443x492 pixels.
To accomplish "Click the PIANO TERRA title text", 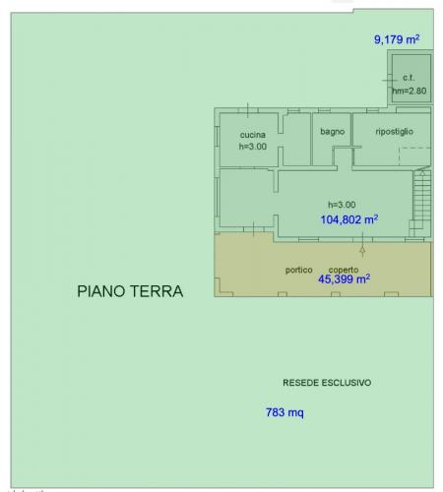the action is pyautogui.click(x=130, y=291).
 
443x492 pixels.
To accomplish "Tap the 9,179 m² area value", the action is pyautogui.click(x=397, y=39).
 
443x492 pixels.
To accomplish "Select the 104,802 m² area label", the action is pyautogui.click(x=349, y=219).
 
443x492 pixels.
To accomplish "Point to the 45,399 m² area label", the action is pyautogui.click(x=345, y=279).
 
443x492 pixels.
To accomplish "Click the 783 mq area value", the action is pyautogui.click(x=285, y=412).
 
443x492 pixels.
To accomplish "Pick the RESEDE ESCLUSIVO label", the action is pyautogui.click(x=327, y=383).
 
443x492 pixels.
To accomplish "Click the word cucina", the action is pyautogui.click(x=252, y=135).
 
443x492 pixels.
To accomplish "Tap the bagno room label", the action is pyautogui.click(x=333, y=132).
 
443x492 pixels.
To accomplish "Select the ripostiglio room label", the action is pyautogui.click(x=394, y=132).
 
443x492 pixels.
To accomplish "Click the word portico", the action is pyautogui.click(x=298, y=270).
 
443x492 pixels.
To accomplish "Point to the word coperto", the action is pyautogui.click(x=344, y=270).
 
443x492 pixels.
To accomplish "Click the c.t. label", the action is pyautogui.click(x=409, y=78).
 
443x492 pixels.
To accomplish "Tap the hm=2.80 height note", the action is pyautogui.click(x=410, y=91).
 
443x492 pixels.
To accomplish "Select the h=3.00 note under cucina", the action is pyautogui.click(x=253, y=147).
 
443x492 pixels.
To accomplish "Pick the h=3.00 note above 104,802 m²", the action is pyautogui.click(x=342, y=205).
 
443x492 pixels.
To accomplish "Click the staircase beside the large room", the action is pyautogui.click(x=421, y=200).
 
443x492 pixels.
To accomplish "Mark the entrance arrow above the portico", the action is pyautogui.click(x=362, y=244).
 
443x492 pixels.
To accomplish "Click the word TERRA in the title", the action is pyautogui.click(x=157, y=291).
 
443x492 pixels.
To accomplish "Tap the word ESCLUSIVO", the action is pyautogui.click(x=347, y=383).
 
